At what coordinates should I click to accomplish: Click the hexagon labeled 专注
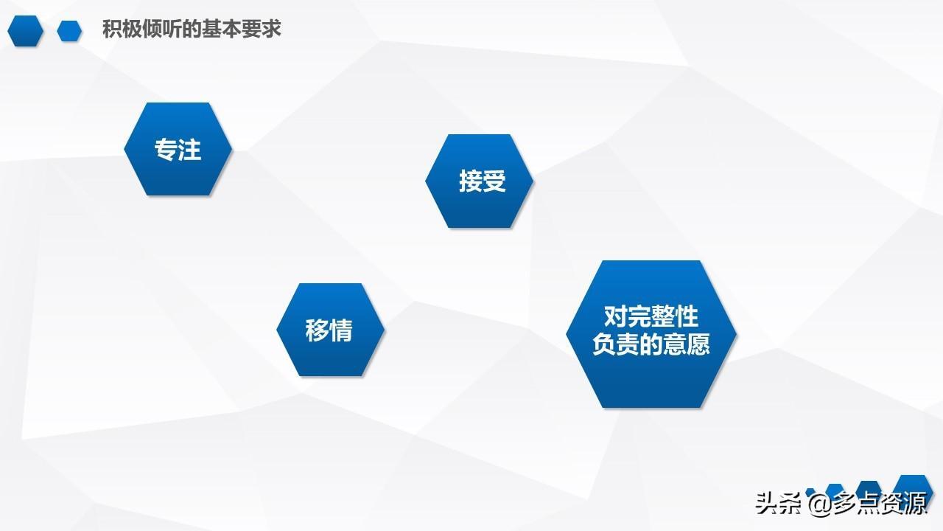coord(178,149)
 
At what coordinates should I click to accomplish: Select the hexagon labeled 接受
coord(479,181)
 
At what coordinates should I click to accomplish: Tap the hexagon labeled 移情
coord(331,330)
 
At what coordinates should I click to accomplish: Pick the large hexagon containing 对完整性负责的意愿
coord(651,334)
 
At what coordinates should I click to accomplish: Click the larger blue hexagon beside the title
coord(25,31)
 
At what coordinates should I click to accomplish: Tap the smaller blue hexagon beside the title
coord(69,31)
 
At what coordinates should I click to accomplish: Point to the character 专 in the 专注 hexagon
coord(166,150)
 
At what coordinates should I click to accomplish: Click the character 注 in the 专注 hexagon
coord(189,150)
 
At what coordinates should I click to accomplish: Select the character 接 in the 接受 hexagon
coord(471,181)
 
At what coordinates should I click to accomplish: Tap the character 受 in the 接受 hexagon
coord(494,181)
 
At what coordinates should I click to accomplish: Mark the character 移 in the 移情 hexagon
coord(317,330)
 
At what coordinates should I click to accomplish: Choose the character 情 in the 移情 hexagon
coord(341,330)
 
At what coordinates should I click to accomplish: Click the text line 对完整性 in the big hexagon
coord(651,316)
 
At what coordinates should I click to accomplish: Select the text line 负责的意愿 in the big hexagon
coord(651,344)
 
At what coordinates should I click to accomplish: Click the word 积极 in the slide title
coord(122,29)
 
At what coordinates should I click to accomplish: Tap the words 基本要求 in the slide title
coord(241,29)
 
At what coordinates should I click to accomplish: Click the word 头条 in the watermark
coord(778,503)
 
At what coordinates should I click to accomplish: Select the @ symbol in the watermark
coord(818,504)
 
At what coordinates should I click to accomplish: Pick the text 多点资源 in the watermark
coord(879,503)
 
